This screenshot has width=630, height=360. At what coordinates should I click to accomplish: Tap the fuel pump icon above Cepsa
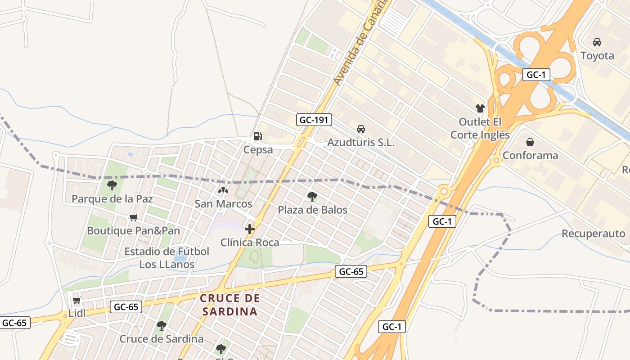(x=257, y=136)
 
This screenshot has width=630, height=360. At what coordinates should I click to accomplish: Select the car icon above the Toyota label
(x=597, y=42)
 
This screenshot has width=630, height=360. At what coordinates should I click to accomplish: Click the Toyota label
(x=597, y=56)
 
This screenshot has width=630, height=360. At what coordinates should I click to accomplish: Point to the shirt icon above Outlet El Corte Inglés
(x=480, y=108)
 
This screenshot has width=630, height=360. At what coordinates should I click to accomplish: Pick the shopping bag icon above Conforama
(x=530, y=142)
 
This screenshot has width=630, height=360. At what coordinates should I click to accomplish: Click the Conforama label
(x=530, y=156)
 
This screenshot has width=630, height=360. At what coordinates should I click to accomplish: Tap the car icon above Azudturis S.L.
(x=360, y=129)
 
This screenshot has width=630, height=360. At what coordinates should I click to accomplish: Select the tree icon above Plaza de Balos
(x=312, y=196)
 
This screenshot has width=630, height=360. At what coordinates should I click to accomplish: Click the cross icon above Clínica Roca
(x=250, y=229)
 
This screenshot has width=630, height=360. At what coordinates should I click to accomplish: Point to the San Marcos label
(x=223, y=204)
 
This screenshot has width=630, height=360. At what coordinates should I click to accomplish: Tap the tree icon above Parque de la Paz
(x=112, y=185)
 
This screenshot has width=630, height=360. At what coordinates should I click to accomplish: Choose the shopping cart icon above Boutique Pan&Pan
(x=133, y=218)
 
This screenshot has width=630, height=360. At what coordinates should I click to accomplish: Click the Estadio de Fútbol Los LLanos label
(x=167, y=258)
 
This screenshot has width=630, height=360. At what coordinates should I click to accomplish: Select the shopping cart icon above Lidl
(x=76, y=300)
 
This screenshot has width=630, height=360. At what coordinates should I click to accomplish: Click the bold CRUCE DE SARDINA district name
(x=230, y=305)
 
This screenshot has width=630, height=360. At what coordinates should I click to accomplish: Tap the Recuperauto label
(x=593, y=234)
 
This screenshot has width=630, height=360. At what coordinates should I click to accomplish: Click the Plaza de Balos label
(x=312, y=210)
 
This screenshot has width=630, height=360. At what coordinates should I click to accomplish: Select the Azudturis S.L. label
(x=360, y=143)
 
